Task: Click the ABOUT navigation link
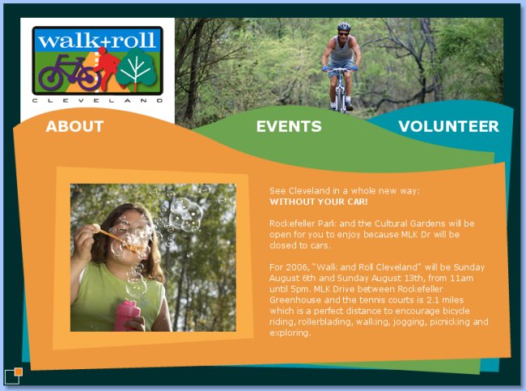pos(74,126)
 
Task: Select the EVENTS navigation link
pos(289,126)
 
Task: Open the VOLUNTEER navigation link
pos(449,126)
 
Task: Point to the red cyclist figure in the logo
pos(107,67)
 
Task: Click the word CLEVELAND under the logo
pos(98,100)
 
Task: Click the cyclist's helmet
pos(343,26)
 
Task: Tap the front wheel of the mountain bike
pos(341,96)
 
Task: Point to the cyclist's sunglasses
pos(343,33)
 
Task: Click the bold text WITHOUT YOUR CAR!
pos(319,202)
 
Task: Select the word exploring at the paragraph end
pos(291,333)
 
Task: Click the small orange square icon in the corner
pos(18,372)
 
